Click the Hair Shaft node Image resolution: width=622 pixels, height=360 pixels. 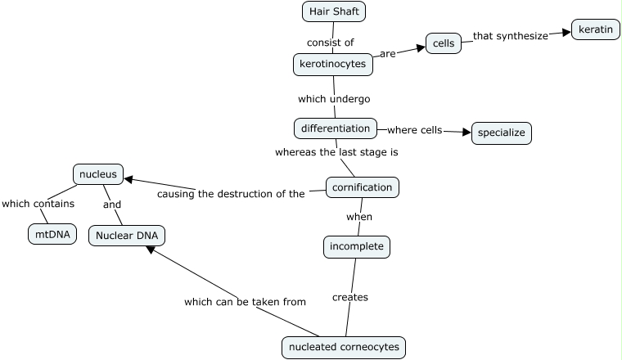tap(333, 11)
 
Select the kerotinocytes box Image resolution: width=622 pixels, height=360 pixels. tap(333, 64)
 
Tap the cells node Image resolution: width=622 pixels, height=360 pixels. tap(444, 43)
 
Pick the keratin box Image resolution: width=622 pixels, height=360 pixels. tap(595, 29)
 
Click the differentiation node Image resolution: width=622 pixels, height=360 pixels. tap(336, 128)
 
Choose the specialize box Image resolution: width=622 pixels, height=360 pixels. tap(502, 133)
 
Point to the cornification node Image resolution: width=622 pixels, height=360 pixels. tap(363, 187)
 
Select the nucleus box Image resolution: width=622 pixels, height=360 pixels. tap(98, 173)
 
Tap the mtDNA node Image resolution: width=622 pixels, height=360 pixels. tap(52, 234)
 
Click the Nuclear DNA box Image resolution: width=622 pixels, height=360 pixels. tap(127, 236)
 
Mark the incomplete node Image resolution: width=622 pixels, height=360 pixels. tap(356, 245)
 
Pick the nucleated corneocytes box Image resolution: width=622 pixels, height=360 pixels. tap(344, 347)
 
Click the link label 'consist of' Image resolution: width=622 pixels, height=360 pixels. tap(330, 43)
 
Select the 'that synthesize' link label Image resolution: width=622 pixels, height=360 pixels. tap(510, 36)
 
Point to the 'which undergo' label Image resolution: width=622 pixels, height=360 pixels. tap(334, 99)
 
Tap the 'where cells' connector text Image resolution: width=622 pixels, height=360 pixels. tap(414, 130)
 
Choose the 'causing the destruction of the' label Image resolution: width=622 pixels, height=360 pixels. tap(231, 194)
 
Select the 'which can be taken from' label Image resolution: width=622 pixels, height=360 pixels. tap(245, 302)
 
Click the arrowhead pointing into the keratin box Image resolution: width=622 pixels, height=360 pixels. tap(566, 33)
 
